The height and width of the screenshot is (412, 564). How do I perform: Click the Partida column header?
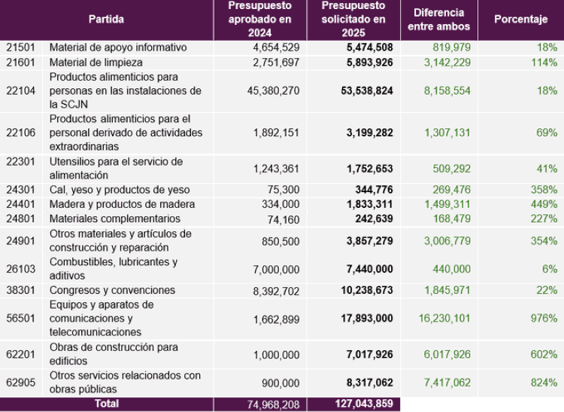[106, 20]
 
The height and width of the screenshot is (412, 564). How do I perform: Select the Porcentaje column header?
[520, 20]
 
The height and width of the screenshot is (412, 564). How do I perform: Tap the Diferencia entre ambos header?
[438, 20]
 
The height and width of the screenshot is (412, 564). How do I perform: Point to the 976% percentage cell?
[544, 319]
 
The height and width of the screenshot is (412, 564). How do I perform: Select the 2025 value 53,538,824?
[362, 90]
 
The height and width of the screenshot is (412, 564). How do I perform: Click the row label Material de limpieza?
[96, 62]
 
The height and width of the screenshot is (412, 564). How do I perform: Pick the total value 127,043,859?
[361, 404]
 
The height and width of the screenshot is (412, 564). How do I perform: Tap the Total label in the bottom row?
[105, 404]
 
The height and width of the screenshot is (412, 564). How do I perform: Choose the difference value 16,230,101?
[444, 319]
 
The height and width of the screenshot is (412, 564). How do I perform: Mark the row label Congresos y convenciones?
[112, 290]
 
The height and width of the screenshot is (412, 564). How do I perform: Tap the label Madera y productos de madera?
[122, 204]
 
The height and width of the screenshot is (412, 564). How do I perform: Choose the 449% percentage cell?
[544, 204]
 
